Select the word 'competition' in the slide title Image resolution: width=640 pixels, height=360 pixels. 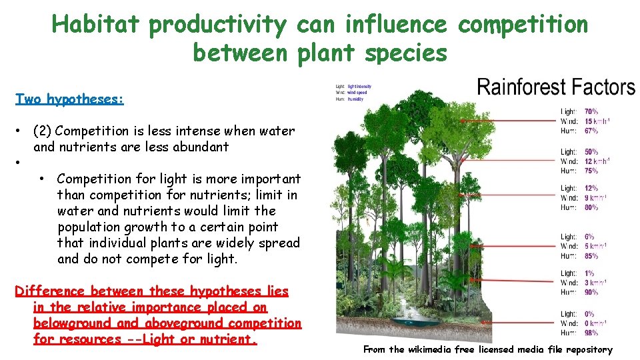click(x=523, y=25)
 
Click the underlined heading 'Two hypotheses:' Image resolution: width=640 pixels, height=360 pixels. click(x=69, y=99)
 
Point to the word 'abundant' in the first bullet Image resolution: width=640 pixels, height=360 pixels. click(x=200, y=147)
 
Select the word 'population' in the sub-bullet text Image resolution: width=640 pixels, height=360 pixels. click(x=88, y=227)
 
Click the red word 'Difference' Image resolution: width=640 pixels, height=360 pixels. click(x=50, y=291)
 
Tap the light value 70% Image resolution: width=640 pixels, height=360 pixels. click(x=591, y=111)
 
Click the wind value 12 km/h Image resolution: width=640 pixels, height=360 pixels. click(x=597, y=161)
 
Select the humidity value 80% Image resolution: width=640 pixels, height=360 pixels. click(x=591, y=207)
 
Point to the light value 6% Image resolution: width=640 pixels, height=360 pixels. click(x=589, y=237)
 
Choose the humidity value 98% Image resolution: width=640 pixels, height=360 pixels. click(x=591, y=332)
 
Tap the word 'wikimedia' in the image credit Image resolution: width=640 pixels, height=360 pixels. click(x=433, y=349)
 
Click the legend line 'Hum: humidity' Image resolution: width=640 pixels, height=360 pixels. click(x=351, y=99)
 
